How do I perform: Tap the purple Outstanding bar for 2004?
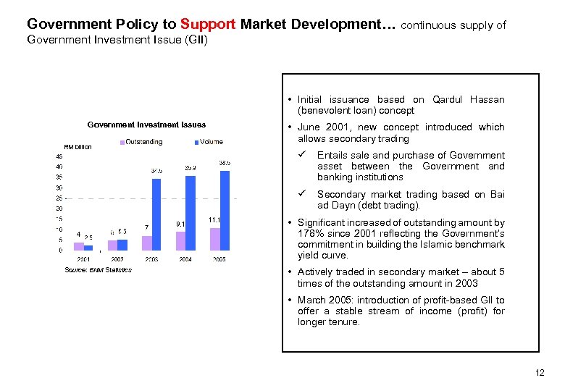tap(181, 240)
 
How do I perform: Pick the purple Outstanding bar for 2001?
tap(78, 246)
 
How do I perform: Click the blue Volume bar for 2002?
tap(122, 245)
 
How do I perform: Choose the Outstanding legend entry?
tap(142, 142)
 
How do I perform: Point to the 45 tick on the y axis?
tap(59, 155)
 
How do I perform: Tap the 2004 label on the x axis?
tap(185, 258)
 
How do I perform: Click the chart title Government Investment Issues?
tap(146, 125)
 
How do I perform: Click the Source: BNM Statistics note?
tap(98, 270)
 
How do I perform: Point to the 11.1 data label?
tap(214, 219)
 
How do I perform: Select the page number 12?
tap(538, 373)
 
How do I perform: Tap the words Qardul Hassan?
tap(468, 100)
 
